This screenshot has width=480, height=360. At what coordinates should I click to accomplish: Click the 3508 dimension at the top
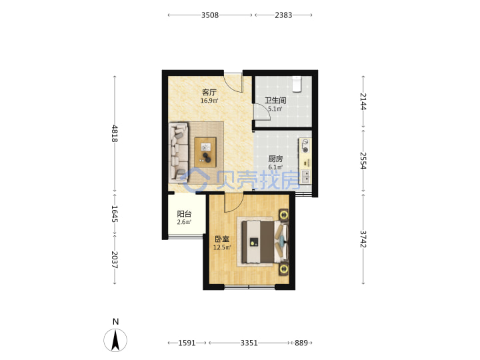tap(210, 15)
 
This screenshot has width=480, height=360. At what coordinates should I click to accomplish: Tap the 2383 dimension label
tap(283, 15)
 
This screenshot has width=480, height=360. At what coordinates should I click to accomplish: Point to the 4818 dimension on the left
tap(115, 133)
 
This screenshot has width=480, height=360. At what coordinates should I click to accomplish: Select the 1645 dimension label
tap(115, 214)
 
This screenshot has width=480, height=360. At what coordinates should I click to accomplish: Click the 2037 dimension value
tap(115, 260)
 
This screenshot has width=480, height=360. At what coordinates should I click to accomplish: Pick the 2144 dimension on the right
tap(363, 101)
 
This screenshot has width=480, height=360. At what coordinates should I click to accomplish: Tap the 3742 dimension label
tap(363, 239)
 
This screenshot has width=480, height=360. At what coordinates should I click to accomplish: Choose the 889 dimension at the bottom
tap(301, 343)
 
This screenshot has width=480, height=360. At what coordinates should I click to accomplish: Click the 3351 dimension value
tap(249, 343)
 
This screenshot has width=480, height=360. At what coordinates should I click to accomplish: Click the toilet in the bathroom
tap(297, 84)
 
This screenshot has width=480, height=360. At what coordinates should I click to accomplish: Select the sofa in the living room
tap(179, 151)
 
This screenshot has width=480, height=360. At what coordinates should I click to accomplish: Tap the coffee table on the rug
tap(205, 152)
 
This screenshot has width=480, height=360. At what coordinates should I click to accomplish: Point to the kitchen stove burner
tap(305, 146)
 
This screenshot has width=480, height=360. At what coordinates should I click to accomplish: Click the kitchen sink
tap(305, 176)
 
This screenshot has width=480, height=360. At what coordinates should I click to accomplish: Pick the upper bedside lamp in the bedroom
tap(284, 215)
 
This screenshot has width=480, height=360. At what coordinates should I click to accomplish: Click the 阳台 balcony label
tap(184, 214)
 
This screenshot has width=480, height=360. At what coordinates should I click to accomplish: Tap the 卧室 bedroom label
tap(222, 239)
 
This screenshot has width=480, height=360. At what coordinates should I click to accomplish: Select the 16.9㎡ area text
tap(209, 101)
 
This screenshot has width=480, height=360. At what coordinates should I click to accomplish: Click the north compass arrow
tap(115, 340)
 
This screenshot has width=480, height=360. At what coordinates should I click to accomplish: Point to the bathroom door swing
tap(263, 112)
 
